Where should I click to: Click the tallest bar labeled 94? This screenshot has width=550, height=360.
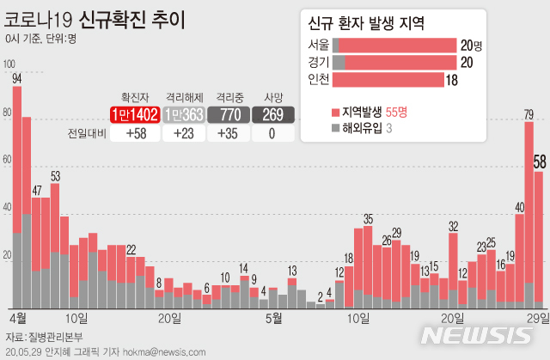(17, 198)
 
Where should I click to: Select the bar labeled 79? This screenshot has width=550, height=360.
(529, 215)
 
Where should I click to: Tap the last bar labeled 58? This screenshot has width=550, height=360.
(539, 241)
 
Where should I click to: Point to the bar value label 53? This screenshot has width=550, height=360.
(55, 176)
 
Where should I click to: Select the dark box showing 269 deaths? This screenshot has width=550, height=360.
(273, 114)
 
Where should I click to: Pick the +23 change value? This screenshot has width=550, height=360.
(181, 133)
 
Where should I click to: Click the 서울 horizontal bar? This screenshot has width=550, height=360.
(394, 45)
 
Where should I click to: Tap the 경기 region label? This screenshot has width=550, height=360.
(317, 62)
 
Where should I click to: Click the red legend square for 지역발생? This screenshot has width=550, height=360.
(335, 112)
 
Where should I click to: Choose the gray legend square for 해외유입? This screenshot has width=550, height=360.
(335, 128)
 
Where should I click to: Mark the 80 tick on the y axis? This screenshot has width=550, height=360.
(8, 113)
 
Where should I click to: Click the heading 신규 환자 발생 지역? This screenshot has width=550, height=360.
(394, 22)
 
